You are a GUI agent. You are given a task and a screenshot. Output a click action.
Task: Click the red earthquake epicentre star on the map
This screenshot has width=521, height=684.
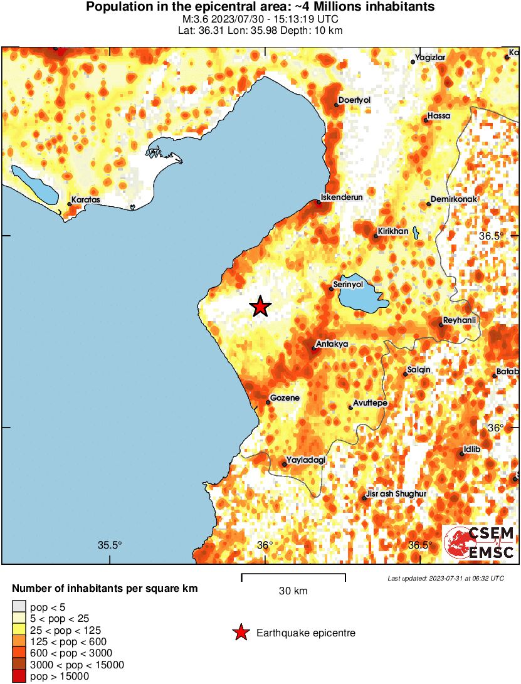coord(260,307)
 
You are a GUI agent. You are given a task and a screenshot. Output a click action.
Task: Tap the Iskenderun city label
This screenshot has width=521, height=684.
coord(342,197)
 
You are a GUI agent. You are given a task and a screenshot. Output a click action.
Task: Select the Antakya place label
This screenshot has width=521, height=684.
coord(332,344)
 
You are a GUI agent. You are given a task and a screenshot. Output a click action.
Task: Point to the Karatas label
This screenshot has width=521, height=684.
coord(86,199)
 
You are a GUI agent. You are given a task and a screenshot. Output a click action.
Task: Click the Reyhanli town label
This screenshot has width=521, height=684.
coord(460,320)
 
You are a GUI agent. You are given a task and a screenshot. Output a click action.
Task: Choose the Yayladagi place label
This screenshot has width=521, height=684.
coord(307,460)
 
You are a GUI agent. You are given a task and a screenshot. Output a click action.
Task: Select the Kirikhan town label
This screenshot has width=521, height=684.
coord(393,231)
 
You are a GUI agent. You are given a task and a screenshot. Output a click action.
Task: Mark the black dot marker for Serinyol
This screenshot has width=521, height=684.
coord(332,288)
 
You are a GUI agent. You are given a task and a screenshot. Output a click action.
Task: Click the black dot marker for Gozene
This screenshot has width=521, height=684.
coord(268,402)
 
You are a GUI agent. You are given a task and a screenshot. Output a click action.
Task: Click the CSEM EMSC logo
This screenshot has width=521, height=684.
coord(480,543)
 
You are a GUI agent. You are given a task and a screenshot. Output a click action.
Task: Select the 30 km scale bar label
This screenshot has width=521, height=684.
coord(293,591)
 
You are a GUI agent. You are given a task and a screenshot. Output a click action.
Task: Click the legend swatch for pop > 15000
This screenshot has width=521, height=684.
coord(19,676)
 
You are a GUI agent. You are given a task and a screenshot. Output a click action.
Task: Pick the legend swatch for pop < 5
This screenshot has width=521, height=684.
coord(19,606)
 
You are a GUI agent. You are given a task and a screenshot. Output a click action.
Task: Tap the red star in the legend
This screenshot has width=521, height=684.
coord(240,633)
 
